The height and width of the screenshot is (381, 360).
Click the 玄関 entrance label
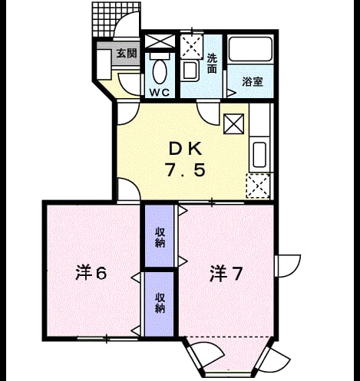[x=127, y=54]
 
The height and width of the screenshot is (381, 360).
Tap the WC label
[x=160, y=92]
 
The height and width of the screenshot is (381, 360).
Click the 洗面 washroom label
[x=212, y=63]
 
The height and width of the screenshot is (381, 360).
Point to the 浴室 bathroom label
[x=253, y=82]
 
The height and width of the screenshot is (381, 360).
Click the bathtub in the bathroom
[x=250, y=49]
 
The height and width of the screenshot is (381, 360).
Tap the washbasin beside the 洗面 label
[x=190, y=71]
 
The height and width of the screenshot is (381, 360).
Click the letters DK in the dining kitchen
[x=186, y=149]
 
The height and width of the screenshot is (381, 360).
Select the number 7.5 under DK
[x=185, y=170]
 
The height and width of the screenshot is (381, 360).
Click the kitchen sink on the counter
[x=259, y=154]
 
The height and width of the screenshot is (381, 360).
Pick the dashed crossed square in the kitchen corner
[x=258, y=186]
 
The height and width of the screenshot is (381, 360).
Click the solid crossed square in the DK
[x=233, y=124]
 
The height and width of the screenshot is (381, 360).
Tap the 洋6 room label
[x=91, y=273]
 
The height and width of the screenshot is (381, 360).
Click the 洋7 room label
[x=226, y=274]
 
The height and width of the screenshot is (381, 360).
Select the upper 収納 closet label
[x=160, y=238]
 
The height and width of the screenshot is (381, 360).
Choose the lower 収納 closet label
[x=160, y=303]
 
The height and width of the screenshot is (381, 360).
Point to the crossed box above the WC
[x=160, y=41]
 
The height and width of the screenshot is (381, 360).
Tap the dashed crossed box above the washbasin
[x=192, y=46]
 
